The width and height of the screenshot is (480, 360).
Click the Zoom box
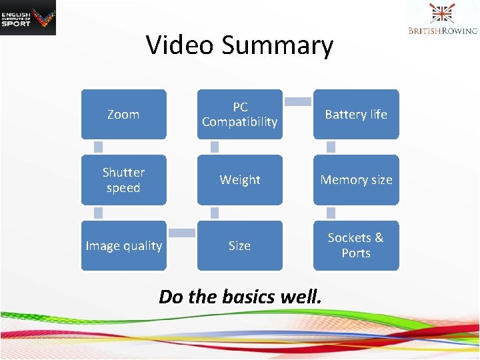[x=123, y=114]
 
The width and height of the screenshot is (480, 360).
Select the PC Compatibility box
[x=239, y=114]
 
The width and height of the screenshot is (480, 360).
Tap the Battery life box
[x=355, y=114]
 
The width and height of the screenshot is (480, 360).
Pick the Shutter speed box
[x=123, y=180]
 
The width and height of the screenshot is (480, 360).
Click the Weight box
[x=239, y=180]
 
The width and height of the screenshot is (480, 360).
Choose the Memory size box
[x=355, y=180]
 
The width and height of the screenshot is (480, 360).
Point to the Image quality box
[x=123, y=245]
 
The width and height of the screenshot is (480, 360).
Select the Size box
[x=239, y=245]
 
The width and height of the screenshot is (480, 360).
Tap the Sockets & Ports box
[x=355, y=245]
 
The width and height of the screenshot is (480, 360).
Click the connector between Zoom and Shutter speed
[x=98, y=147]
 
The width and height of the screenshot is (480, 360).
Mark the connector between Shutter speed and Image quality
[x=98, y=213]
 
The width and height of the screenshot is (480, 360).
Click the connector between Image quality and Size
[x=181, y=233]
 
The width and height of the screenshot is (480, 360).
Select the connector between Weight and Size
[x=215, y=213]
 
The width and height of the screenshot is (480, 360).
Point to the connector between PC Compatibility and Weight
[x=215, y=147]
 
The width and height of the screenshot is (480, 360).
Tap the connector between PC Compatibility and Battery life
[x=298, y=102]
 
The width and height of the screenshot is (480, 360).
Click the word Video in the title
[x=179, y=45]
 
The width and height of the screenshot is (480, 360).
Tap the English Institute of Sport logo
[x=28, y=18]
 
